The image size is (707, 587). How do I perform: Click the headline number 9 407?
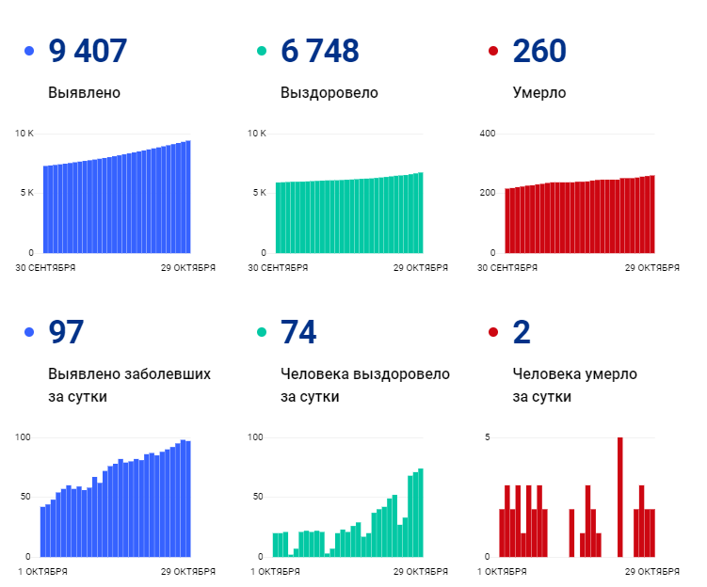tap(88, 51)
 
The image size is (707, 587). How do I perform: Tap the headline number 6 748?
tap(319, 51)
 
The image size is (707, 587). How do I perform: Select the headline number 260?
tap(539, 51)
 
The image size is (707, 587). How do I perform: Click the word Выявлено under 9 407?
tap(84, 93)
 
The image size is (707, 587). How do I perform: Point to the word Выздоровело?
tap(329, 93)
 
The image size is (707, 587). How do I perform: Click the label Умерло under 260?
tap(538, 93)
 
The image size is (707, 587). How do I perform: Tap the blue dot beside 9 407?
tap(29, 51)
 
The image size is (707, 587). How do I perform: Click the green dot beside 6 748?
tap(262, 51)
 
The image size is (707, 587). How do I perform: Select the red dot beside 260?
tap(493, 51)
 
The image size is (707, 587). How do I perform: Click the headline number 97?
tap(66, 332)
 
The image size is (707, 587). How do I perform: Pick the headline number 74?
tap(298, 332)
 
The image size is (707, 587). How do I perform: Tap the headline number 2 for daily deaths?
tap(522, 332)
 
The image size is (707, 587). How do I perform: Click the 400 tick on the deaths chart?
tap(488, 134)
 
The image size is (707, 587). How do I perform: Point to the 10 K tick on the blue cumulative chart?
tap(24, 134)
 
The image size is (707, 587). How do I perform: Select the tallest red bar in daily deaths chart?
tap(619, 497)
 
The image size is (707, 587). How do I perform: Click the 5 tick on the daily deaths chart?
tap(488, 437)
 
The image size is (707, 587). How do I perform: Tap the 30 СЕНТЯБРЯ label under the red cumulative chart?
tap(508, 267)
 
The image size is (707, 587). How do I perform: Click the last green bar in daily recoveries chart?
tap(421, 513)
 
